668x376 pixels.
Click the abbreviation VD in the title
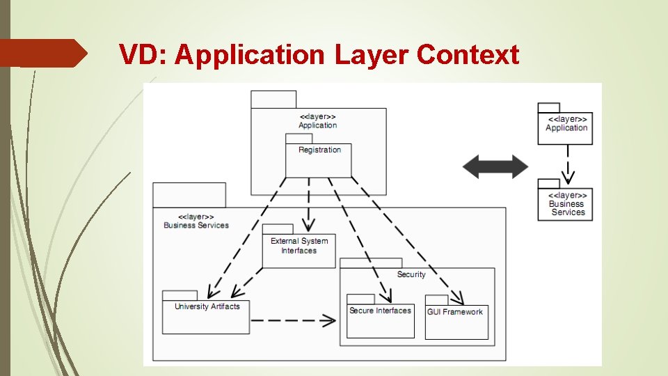tap(143, 54)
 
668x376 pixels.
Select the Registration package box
tap(318, 161)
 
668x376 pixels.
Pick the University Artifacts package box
tap(206, 317)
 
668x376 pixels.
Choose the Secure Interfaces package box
tap(380, 322)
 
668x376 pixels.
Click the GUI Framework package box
tap(456, 323)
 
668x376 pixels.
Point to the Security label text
tap(411, 274)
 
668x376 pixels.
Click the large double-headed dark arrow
tap(496, 167)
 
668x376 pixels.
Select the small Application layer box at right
tap(565, 128)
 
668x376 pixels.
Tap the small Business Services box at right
tap(565, 203)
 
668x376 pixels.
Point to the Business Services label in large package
tap(196, 221)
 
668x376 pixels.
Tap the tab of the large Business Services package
tap(189, 195)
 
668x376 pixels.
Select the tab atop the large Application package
tap(273, 100)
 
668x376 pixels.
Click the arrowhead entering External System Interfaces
tap(307, 226)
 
